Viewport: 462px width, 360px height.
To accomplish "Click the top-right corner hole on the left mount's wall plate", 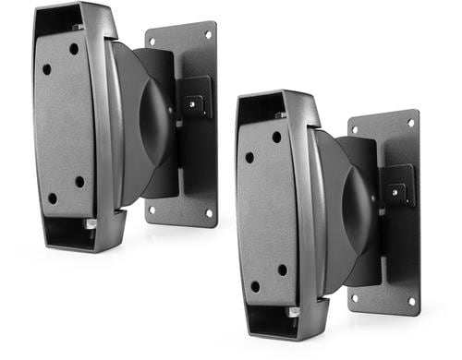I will [x=208, y=36].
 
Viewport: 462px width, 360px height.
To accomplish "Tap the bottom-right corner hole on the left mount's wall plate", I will [x=208, y=212].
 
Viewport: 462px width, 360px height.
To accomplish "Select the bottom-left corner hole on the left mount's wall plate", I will [x=152, y=210].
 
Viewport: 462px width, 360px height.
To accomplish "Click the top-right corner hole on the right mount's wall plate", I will [x=411, y=123].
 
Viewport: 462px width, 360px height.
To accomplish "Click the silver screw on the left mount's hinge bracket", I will [x=193, y=104].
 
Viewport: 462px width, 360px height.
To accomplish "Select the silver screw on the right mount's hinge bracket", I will [x=396, y=193].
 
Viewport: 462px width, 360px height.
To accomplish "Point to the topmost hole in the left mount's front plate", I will [x=74, y=48].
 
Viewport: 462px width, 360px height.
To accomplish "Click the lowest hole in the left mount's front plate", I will [x=52, y=198].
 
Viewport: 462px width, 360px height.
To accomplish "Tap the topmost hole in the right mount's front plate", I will [x=276, y=137].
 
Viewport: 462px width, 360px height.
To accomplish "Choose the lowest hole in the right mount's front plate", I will [x=255, y=287].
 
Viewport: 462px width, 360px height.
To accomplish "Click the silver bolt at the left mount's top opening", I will [x=79, y=27].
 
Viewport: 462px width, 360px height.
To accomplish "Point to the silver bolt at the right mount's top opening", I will [x=280, y=115].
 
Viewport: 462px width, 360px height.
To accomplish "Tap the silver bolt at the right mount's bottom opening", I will [x=293, y=312].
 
